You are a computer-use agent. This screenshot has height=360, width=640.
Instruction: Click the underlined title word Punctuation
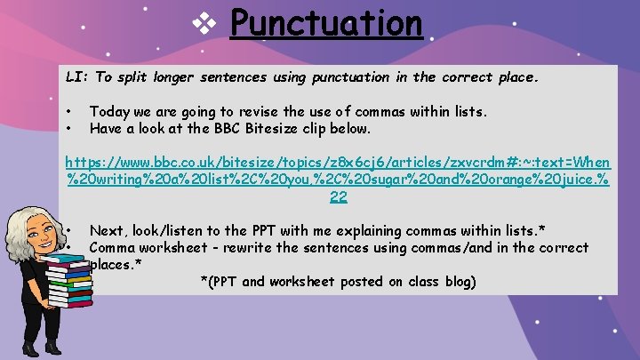pyautogui.click(x=325, y=23)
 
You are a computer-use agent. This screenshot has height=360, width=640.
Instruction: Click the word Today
pyautogui.click(x=108, y=112)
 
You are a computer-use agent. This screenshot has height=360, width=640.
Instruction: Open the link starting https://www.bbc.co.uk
pyautogui.click(x=338, y=164)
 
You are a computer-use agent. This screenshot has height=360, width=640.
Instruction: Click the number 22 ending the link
pyautogui.click(x=338, y=196)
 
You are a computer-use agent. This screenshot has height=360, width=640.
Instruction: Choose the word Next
pyautogui.click(x=106, y=230)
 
